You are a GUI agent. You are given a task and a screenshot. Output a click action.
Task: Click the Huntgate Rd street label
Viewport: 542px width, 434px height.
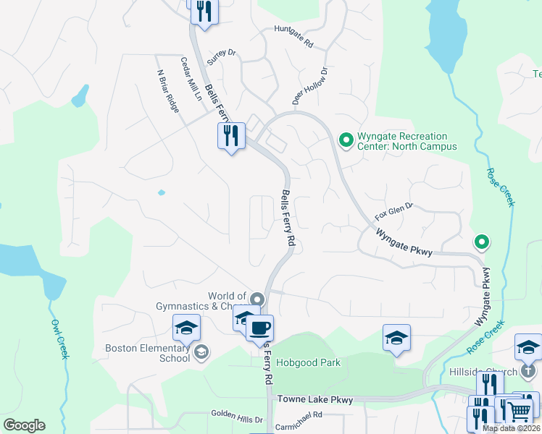[293, 37]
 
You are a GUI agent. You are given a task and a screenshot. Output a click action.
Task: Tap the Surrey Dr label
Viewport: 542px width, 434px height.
[222, 53]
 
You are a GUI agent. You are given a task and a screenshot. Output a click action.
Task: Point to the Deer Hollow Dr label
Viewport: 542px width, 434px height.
[311, 86]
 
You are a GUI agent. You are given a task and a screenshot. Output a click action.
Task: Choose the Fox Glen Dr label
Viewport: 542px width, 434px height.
[393, 211]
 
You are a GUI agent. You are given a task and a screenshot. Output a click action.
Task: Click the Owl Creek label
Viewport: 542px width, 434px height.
[60, 339]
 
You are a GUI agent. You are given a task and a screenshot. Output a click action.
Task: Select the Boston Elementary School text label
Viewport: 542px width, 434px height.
[147, 352]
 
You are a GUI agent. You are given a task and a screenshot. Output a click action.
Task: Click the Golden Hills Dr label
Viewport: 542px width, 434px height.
[237, 414]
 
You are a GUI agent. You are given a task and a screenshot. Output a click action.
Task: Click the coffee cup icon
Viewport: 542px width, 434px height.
[259, 328]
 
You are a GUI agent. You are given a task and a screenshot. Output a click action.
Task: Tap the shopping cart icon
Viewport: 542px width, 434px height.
[518, 412]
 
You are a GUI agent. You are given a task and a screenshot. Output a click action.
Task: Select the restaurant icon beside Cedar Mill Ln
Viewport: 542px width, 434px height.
[231, 135]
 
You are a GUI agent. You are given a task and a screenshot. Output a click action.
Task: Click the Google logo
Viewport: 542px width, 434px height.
[24, 425]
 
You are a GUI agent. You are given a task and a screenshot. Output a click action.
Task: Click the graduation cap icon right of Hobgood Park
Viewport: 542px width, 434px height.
[396, 337]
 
